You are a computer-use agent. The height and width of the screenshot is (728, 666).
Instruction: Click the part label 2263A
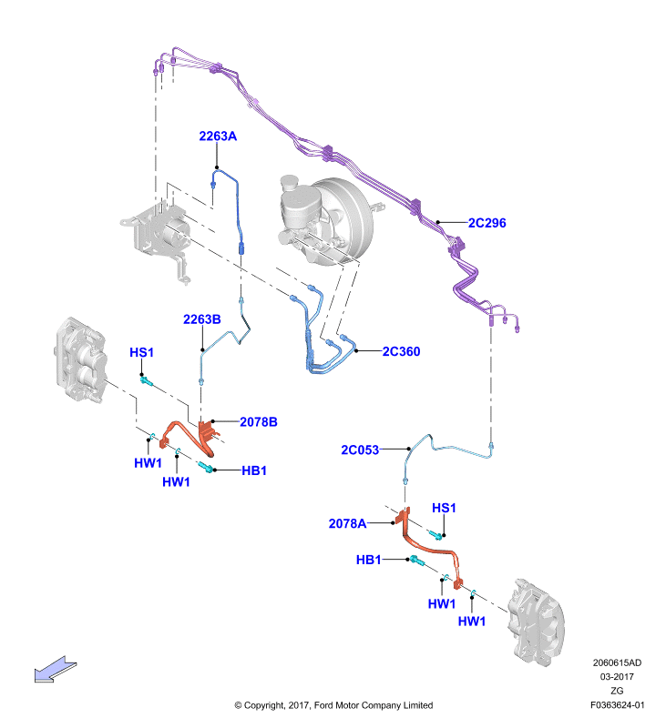tap(218, 136)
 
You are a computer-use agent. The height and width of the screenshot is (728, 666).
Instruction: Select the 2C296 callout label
tap(487, 223)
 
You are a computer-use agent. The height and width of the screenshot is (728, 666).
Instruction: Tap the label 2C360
tap(401, 351)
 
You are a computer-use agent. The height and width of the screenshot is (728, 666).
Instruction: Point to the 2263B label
tap(201, 319)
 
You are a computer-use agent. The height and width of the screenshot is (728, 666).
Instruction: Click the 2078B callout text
tap(259, 422)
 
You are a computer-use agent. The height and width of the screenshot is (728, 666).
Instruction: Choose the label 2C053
tap(360, 450)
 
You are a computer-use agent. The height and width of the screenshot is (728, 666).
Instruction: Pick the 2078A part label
tap(347, 524)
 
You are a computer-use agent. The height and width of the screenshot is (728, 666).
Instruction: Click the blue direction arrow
tap(55, 670)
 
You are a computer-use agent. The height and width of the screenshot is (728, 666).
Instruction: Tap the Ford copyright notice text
tap(333, 705)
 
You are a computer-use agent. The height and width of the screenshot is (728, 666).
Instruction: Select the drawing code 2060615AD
tap(617, 662)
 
